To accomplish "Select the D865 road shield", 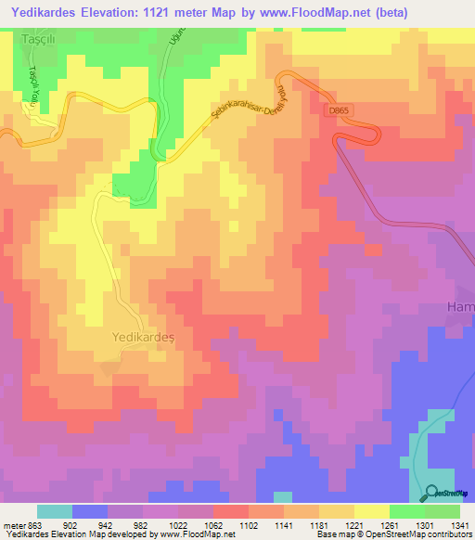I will click(x=340, y=109).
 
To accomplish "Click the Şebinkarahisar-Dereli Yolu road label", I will click(x=246, y=108).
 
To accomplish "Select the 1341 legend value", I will click(x=458, y=525).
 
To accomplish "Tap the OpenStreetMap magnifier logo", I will click(x=432, y=494).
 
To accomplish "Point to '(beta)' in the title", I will click(x=388, y=11).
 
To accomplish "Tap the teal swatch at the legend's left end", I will click(x=55, y=511).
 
